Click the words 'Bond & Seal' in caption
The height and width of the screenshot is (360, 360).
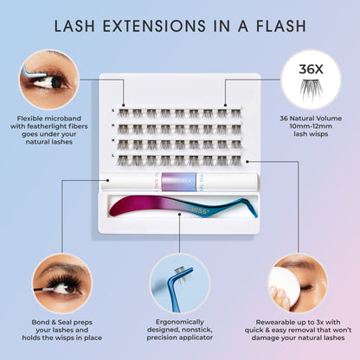coord(38,321)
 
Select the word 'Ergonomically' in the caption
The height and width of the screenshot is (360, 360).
coord(179,321)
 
